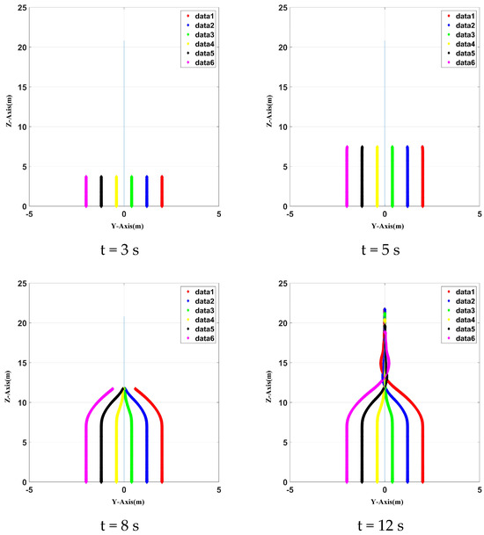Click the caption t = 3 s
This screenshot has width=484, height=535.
pos(123,249)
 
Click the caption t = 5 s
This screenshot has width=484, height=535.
pos(384,249)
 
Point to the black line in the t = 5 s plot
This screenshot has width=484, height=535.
pos(362,176)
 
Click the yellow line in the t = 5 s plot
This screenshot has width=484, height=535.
pos(377,176)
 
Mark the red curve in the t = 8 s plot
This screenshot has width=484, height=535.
pos(162,439)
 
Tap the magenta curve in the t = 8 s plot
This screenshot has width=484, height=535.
pos(85,439)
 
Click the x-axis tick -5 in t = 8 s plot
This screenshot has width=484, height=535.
pos(30,490)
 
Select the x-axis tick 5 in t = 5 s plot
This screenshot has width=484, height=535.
pos(479,213)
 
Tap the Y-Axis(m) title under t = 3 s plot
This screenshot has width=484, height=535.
pos(123,226)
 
